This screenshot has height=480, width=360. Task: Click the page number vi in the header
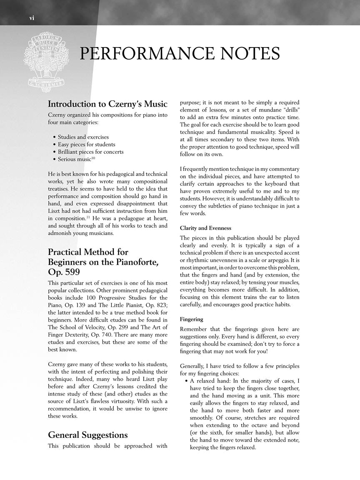point(31,17)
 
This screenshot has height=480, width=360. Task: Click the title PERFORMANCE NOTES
point(179,54)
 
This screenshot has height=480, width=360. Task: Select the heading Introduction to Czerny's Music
point(107,104)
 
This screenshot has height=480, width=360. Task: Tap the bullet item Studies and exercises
point(83,137)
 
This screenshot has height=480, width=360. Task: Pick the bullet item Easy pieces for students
point(86,144)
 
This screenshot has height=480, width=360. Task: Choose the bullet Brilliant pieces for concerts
point(90,152)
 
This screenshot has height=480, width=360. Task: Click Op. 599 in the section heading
point(64,272)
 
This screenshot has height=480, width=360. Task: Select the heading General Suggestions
point(87,435)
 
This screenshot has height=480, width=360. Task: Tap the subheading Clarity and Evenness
point(205,228)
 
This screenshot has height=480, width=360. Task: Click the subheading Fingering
point(191,319)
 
